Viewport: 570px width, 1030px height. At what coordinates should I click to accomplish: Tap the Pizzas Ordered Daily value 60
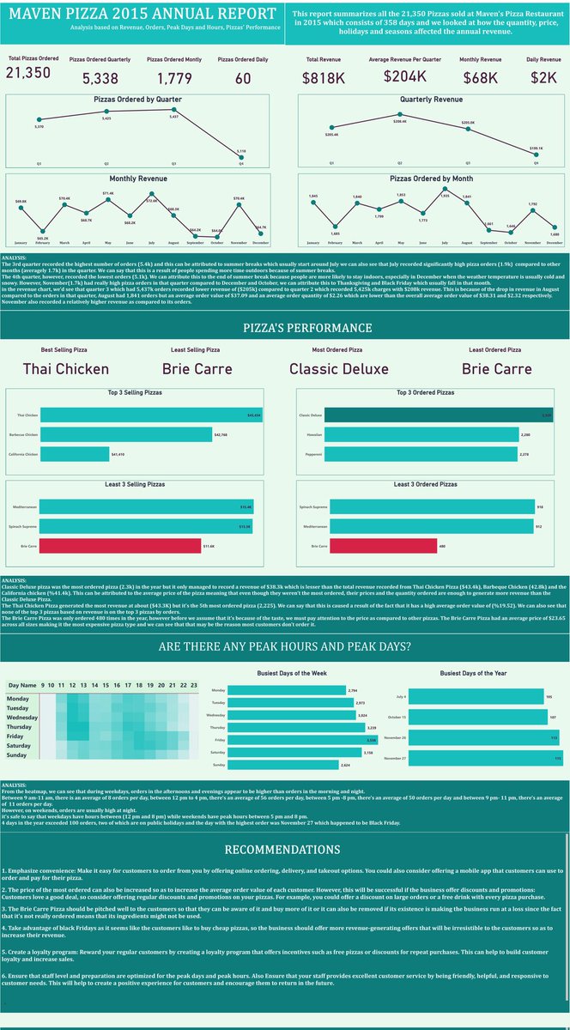pyautogui.click(x=243, y=78)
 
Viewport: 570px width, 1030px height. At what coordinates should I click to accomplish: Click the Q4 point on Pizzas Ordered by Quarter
pyautogui.click(x=241, y=154)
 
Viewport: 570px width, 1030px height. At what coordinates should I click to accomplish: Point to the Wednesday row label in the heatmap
pyautogui.click(x=22, y=717)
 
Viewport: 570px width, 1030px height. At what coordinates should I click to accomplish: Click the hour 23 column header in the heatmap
pyautogui.click(x=195, y=685)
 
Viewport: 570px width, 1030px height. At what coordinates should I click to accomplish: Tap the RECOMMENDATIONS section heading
pyautogui.click(x=284, y=826)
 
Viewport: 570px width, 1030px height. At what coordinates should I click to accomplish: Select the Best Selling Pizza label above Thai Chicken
pyautogui.click(x=65, y=349)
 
